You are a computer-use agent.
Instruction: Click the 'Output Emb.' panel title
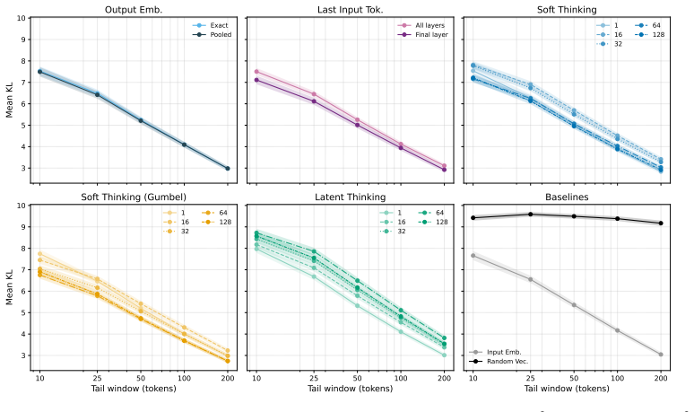(x=134, y=10)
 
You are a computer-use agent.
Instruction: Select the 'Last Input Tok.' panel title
(x=350, y=10)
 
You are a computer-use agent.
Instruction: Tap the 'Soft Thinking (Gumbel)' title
(x=134, y=197)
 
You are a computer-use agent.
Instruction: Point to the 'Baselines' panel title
(x=567, y=197)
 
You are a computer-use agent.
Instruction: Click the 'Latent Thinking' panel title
(x=350, y=197)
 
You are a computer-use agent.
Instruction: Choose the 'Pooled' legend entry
(x=212, y=34)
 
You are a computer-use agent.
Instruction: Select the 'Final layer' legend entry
(x=422, y=34)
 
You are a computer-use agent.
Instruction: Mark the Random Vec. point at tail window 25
(x=530, y=215)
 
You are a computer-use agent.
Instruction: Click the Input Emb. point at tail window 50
(x=574, y=305)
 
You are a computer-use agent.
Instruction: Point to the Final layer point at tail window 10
(x=256, y=80)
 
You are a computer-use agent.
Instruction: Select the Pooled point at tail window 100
(x=184, y=145)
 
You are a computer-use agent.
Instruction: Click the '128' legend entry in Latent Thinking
(x=433, y=222)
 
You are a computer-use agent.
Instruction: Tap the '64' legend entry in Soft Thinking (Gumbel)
(x=214, y=213)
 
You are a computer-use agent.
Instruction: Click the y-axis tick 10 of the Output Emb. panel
(x=21, y=18)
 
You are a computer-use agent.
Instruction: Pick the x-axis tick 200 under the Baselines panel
(x=661, y=378)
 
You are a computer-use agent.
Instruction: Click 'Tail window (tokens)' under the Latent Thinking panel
(x=350, y=389)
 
